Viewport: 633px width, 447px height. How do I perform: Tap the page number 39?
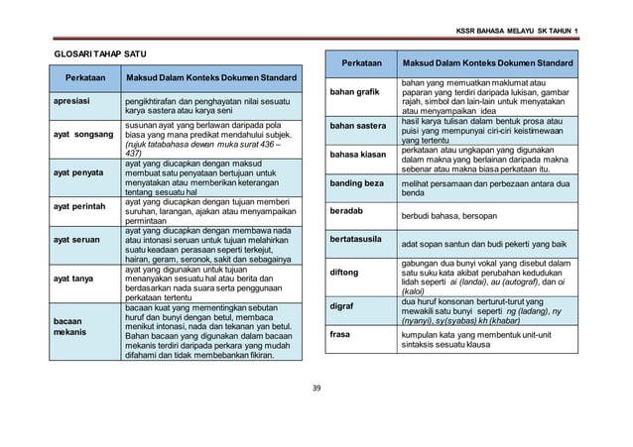pyautogui.click(x=316, y=386)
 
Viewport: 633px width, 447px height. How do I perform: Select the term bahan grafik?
pyautogui.click(x=355, y=95)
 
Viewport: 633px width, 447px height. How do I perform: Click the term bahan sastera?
pyautogui.click(x=358, y=127)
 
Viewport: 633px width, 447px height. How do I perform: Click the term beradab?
pyautogui.click(x=346, y=211)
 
